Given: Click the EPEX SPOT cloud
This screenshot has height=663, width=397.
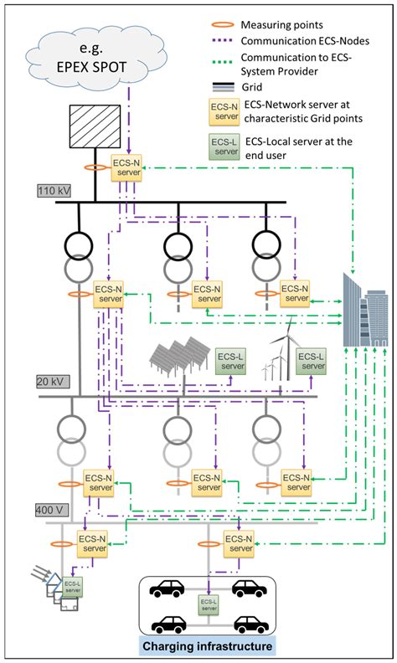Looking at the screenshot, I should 93,55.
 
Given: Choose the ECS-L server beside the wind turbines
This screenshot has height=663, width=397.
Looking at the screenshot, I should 312,360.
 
